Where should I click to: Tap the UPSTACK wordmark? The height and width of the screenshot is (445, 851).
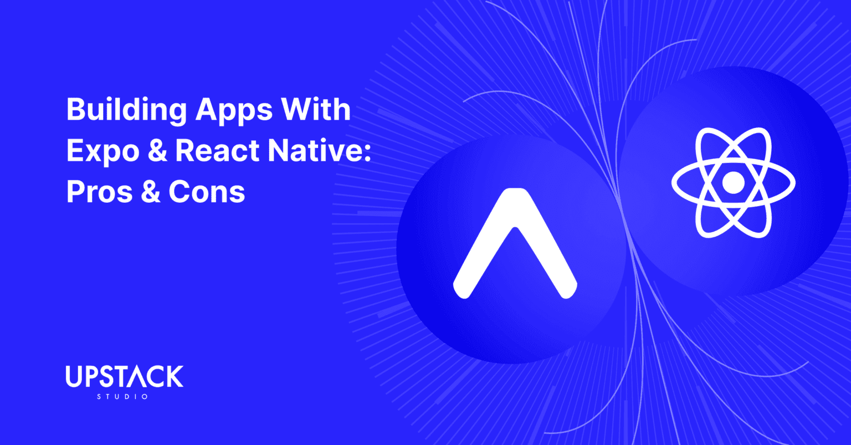[124, 377]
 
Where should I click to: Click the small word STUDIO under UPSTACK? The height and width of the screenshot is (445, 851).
[122, 397]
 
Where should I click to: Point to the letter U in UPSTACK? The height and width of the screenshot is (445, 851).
[74, 377]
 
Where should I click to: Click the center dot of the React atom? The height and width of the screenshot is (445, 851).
[734, 182]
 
